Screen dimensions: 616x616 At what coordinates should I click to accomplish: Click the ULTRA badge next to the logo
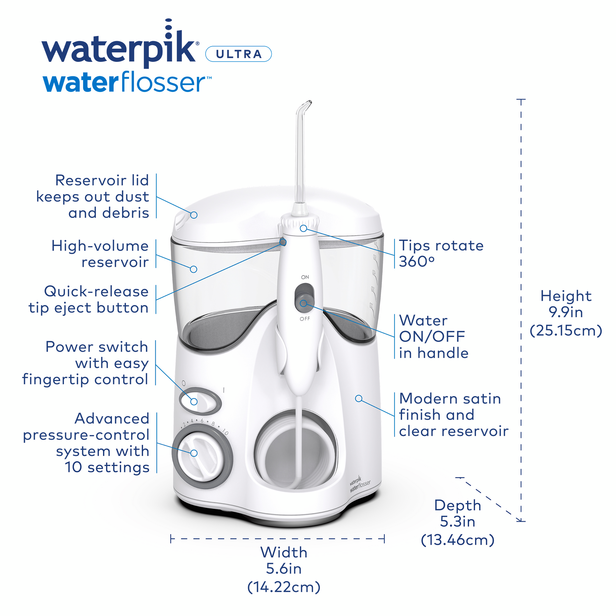[x=238, y=54]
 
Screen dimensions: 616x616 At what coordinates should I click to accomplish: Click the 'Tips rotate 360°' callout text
[x=441, y=254]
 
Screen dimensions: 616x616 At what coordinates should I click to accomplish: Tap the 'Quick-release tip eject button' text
[x=89, y=299]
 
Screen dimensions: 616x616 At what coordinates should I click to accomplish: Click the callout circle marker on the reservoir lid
[x=194, y=215]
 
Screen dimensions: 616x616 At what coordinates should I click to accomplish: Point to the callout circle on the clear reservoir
[x=194, y=269]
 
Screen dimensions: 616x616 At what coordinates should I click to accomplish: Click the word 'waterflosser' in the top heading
[x=127, y=82]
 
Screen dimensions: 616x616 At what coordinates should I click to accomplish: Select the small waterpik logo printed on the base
[x=359, y=484]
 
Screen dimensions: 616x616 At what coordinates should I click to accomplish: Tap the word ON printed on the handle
[x=305, y=277]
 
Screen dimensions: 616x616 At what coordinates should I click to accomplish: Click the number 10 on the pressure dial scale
[x=225, y=432]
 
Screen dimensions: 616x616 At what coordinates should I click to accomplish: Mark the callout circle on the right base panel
[x=359, y=398]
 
